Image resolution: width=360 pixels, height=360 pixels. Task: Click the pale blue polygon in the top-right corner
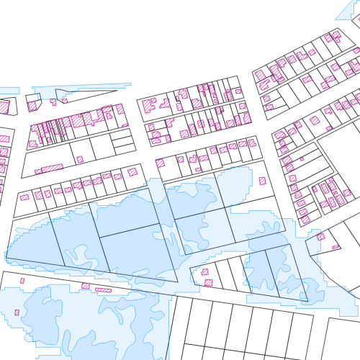[350, 9]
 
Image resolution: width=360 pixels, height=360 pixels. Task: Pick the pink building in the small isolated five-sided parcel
[32, 105]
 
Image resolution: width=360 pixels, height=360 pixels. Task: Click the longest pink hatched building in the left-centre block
[52, 168]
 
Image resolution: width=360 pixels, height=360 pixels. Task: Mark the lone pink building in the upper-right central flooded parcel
[262, 181]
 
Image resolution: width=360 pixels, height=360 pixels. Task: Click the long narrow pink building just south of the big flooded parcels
[104, 289]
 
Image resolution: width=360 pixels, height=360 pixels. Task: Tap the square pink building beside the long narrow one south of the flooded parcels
[86, 286]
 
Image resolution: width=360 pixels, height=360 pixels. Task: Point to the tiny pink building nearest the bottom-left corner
[17, 312]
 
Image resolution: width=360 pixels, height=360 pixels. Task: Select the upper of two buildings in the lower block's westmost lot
[204, 272]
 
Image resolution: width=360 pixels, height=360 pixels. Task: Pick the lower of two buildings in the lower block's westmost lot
[208, 283]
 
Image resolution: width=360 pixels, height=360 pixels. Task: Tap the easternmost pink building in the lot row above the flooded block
[132, 172]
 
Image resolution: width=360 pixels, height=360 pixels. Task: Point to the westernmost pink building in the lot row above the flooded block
[24, 197]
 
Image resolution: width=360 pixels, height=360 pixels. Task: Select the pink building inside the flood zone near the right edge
[320, 236]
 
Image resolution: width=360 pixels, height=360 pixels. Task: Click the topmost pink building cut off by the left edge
[4, 107]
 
